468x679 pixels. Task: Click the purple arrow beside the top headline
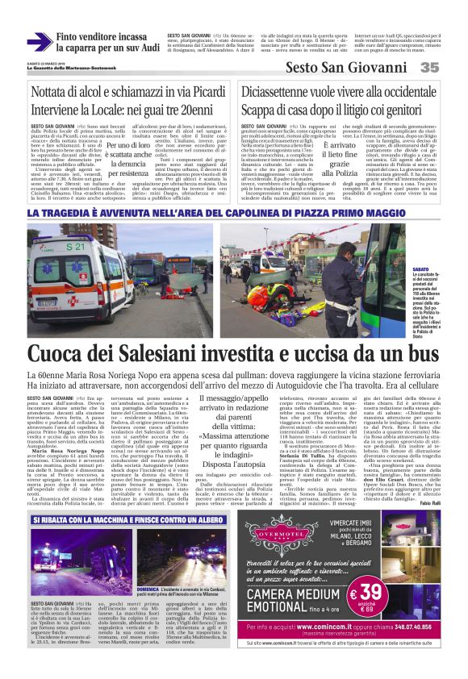tap(40, 40)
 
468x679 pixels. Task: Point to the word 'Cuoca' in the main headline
tap(60, 354)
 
